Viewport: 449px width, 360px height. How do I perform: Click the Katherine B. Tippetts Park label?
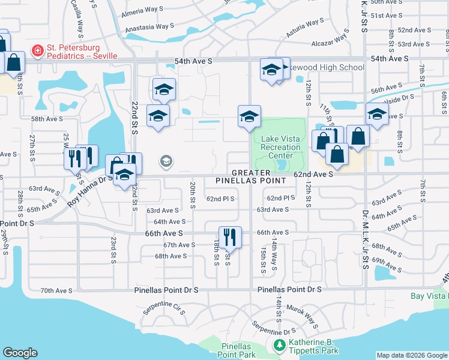click(313, 346)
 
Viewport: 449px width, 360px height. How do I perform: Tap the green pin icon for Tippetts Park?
click(279, 346)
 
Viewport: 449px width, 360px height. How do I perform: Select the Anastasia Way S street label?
click(149, 28)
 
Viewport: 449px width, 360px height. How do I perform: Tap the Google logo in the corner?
click(20, 353)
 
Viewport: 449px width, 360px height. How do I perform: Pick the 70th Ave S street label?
click(56, 290)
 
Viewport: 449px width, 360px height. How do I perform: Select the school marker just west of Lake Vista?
click(249, 116)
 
